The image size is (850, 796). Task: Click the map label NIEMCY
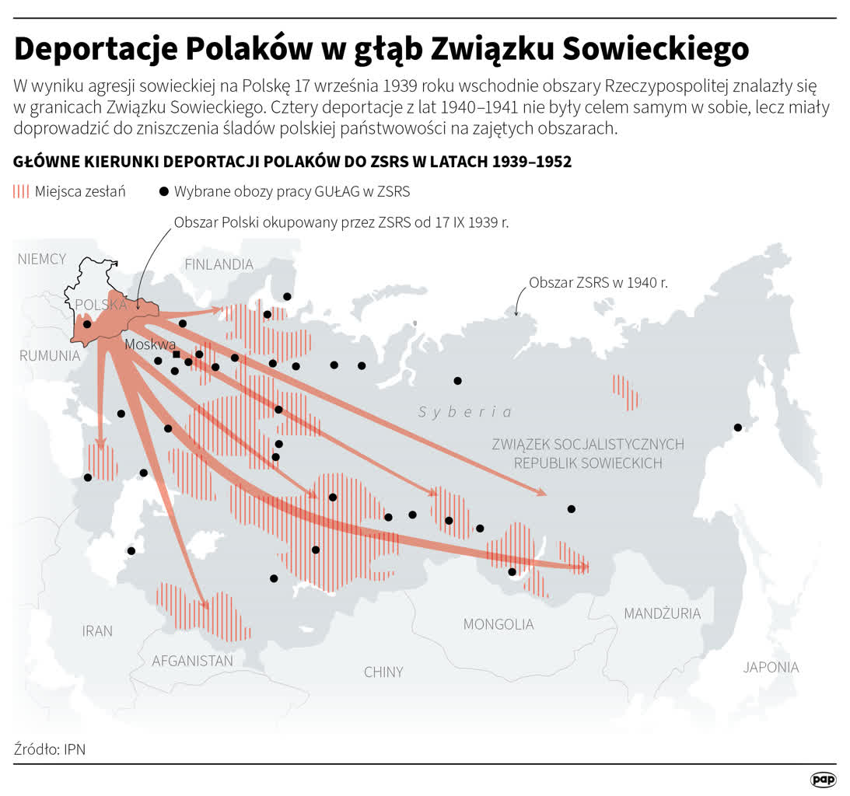42,259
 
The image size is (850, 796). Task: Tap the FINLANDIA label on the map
219,264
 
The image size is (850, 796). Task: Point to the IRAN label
97,630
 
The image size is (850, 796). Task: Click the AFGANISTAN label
192,661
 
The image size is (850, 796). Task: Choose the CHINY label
383,672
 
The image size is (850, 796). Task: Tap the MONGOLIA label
498,624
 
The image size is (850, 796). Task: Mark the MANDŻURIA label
662,613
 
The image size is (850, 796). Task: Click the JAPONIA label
771,667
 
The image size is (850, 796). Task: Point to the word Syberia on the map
465,412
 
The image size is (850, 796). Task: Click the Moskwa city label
150,344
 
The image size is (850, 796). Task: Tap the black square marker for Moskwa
177,354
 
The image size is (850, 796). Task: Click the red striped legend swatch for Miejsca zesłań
22,191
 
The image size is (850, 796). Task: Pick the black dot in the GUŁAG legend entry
163,191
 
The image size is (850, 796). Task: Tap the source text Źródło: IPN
50,749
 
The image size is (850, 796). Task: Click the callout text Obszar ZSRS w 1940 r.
598,283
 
